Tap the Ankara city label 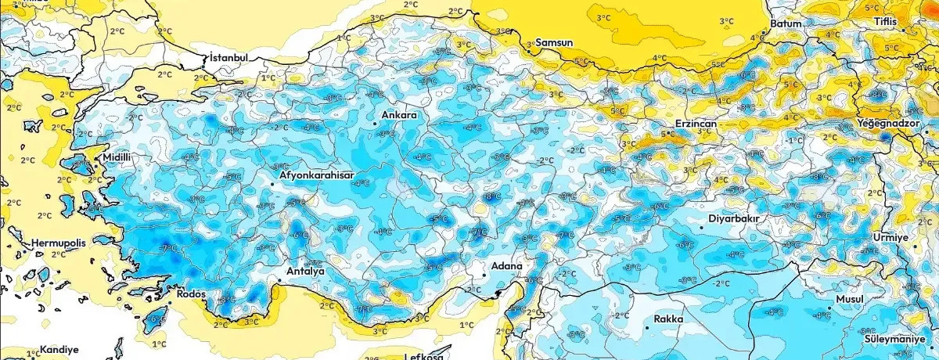click(398, 115)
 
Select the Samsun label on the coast click(554, 41)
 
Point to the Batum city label click(786, 23)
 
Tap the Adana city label click(506, 266)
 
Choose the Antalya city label click(306, 271)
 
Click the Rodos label click(191, 293)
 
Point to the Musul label click(849, 300)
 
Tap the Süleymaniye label click(899, 339)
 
